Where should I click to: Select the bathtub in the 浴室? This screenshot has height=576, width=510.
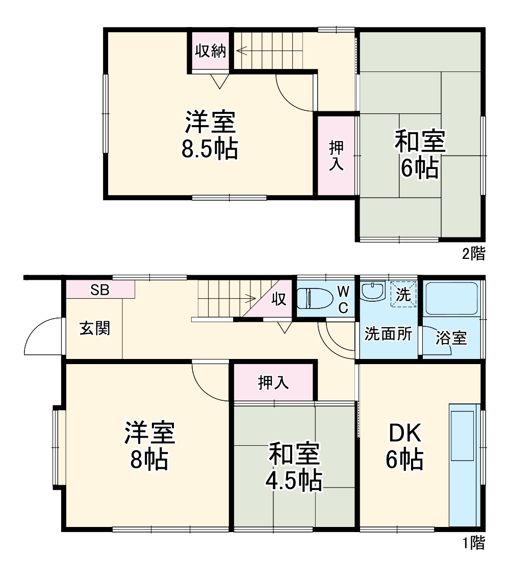point(451,298)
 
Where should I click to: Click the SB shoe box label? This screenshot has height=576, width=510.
point(99,290)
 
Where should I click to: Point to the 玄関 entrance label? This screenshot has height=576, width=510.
point(94,328)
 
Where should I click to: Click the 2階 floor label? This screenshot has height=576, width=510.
point(473,253)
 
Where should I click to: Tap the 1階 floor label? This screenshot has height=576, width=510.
point(473,542)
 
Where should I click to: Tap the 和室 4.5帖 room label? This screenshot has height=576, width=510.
point(294,466)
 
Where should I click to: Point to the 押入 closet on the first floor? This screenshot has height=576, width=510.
point(273,382)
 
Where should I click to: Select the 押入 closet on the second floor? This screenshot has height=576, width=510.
point(336,155)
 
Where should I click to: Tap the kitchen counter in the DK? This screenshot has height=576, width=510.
point(464,465)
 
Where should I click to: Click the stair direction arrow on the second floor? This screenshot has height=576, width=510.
point(242,51)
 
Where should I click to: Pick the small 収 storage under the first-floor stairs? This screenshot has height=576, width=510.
point(278,299)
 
